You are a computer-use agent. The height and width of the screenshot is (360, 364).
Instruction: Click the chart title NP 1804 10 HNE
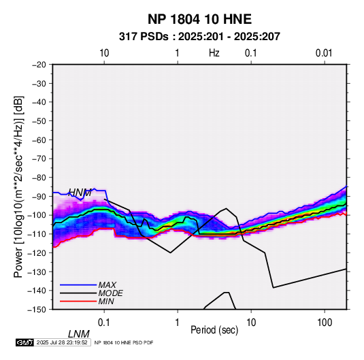[199, 19]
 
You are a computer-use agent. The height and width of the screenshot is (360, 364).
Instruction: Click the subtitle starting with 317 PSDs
[199, 37]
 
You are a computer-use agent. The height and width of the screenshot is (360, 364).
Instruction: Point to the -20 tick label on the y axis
[39, 65]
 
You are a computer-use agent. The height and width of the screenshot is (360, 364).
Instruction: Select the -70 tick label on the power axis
[39, 159]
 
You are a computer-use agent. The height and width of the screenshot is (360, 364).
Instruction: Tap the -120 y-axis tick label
[37, 252]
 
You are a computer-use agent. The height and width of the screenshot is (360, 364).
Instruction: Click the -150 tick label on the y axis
[37, 310]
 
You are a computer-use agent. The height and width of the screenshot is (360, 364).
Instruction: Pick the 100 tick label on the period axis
[325, 323]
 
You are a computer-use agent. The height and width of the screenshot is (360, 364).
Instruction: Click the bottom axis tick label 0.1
[104, 323]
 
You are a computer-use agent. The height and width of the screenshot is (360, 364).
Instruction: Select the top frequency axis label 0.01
[324, 53]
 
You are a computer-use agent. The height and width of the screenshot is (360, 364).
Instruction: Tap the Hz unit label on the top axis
[214, 53]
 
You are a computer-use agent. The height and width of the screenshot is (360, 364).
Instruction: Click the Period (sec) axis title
[214, 330]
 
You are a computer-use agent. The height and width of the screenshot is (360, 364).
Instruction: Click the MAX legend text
[107, 284]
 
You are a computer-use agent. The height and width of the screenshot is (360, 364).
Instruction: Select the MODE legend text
[110, 293]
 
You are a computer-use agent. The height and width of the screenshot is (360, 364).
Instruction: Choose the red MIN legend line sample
[78, 301]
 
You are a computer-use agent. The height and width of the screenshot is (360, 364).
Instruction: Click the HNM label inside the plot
[80, 193]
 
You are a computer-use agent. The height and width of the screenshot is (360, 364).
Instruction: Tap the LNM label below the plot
[79, 334]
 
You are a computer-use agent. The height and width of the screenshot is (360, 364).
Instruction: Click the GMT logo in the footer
[25, 342]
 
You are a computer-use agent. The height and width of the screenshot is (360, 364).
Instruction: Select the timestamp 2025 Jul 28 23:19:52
[62, 342]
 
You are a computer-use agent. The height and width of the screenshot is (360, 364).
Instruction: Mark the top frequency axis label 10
[104, 53]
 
